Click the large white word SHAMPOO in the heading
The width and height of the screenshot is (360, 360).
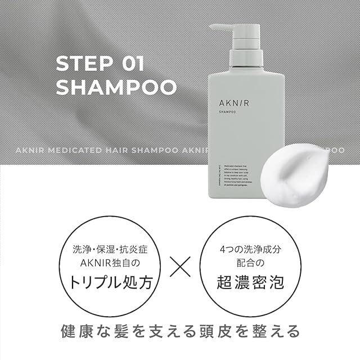116,88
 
